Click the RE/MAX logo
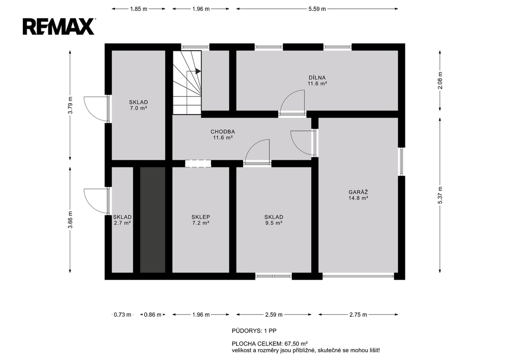point(59,26)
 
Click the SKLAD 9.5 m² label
point(273,220)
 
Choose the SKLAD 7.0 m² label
point(138,105)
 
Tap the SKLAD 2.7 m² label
point(123,220)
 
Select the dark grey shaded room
point(152,220)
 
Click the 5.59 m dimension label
point(317,9)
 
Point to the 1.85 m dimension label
point(138,9)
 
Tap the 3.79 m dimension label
point(70,106)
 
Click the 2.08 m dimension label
point(440,80)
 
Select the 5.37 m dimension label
point(440,195)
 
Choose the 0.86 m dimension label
point(152,315)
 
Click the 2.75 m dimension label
point(358,315)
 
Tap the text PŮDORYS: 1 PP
point(254,331)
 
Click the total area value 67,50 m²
point(296,344)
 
